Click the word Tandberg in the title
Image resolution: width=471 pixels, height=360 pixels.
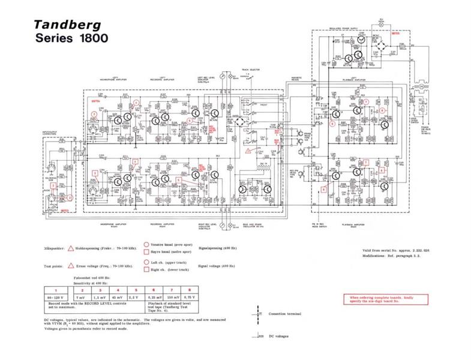[67, 25]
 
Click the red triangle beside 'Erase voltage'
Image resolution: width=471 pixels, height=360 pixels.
[71, 265]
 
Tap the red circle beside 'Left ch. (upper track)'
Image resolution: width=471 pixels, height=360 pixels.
[146, 262]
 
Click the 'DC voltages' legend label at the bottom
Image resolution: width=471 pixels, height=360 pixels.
[279, 337]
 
